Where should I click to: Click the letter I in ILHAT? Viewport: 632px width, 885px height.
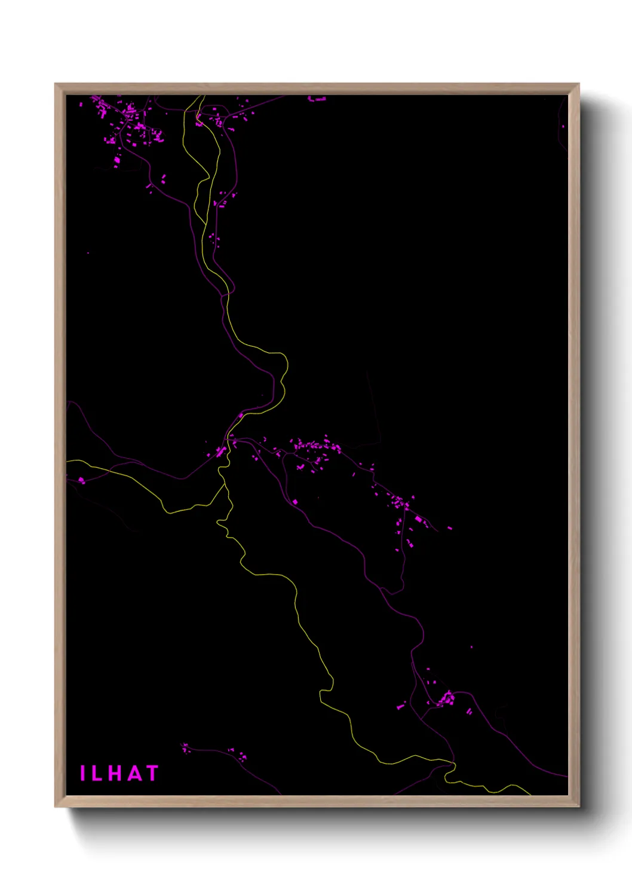82,773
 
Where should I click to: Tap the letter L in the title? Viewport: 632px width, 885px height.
98,773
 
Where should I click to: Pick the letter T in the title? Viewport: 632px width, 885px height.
152,773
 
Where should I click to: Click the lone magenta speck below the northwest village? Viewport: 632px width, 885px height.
88,253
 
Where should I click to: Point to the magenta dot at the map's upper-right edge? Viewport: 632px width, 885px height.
563,126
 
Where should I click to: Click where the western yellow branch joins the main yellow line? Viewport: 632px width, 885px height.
225,486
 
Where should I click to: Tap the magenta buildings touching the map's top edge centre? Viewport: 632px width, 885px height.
317,99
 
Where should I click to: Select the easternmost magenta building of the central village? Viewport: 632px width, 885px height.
450,528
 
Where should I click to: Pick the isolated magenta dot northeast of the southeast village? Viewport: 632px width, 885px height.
471,647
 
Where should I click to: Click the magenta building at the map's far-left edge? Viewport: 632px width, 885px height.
81,480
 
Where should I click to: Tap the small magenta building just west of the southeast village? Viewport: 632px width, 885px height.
400,707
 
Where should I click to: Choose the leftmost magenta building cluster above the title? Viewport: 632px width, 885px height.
185,747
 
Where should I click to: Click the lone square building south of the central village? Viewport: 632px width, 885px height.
295,502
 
